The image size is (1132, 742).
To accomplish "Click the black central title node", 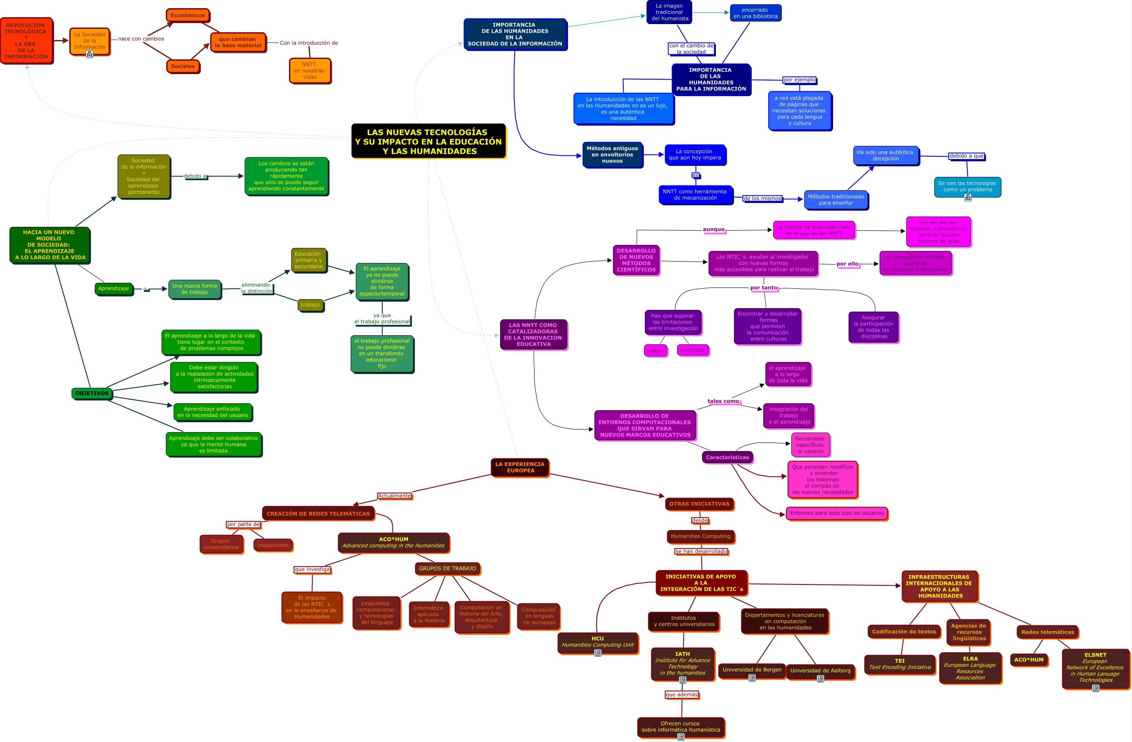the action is tap(428, 141).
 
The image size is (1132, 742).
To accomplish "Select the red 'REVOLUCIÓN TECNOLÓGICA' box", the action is tap(26, 41).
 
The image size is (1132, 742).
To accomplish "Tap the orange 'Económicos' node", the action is tap(187, 15).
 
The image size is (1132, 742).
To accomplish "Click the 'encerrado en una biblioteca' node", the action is tap(755, 13).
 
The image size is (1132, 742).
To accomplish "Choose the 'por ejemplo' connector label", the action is tap(799, 80).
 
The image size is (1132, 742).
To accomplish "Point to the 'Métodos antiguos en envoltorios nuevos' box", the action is tap(612, 155).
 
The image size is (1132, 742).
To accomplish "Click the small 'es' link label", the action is tap(695, 175).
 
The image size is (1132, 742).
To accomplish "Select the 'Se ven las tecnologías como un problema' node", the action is tap(967, 186).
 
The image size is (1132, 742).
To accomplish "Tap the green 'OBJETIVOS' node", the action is tap(92, 393).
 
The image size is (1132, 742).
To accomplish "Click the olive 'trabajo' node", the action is tap(310, 305).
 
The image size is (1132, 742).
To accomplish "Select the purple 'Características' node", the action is tap(727, 457).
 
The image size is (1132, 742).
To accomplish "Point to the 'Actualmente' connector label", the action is tap(394, 496).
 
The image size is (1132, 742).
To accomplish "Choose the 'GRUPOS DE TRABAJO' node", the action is tap(447, 569).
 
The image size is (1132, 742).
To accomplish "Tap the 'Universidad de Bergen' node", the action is tap(752, 670).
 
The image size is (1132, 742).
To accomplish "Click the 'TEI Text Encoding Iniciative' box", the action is tap(899, 664).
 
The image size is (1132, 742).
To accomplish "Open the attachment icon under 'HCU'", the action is tap(598, 653).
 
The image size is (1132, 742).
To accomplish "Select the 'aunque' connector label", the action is tap(713, 229).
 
